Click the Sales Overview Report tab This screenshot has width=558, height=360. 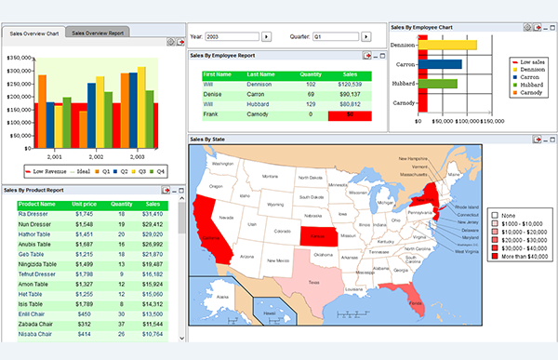point(99,33)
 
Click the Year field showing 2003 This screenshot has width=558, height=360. point(232,36)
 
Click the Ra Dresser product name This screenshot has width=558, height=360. point(33,214)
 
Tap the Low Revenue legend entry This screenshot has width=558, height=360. point(45,171)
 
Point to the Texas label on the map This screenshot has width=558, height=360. point(313,282)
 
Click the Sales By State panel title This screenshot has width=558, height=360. point(211,139)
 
